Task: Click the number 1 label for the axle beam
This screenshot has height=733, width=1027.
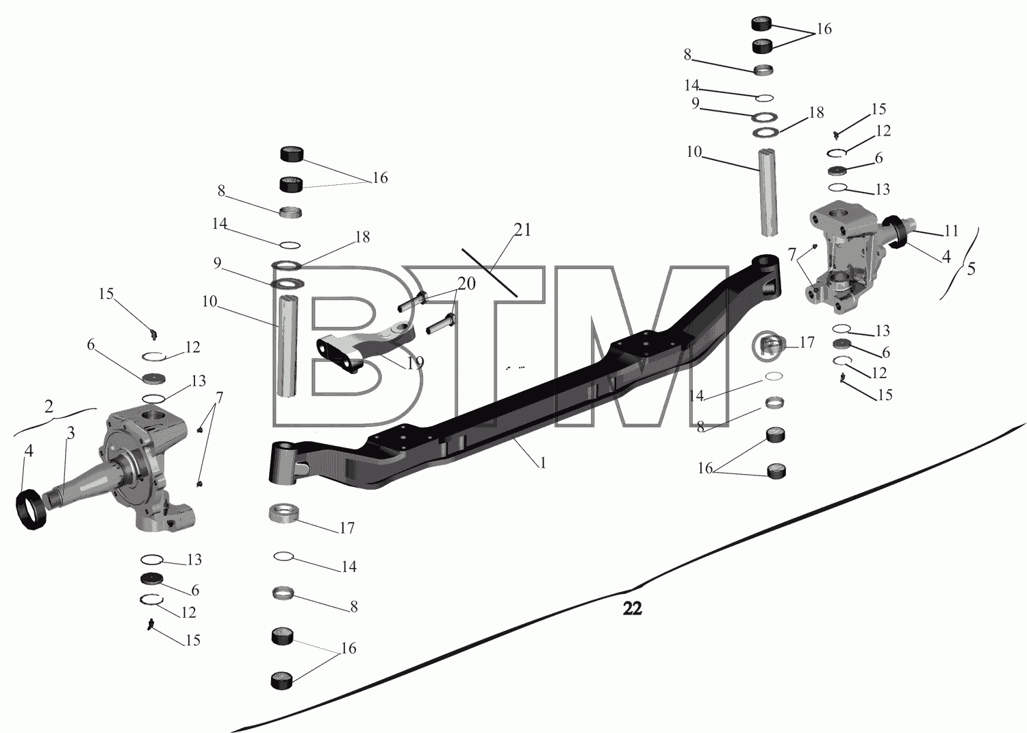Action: (543, 463)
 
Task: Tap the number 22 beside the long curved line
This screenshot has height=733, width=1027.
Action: (632, 609)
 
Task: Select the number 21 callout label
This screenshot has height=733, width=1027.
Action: (522, 229)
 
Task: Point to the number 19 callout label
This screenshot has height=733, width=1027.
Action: (416, 362)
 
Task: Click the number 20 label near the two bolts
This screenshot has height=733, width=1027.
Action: (467, 284)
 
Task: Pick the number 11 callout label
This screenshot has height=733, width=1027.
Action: (952, 231)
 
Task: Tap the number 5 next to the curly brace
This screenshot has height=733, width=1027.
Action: (971, 269)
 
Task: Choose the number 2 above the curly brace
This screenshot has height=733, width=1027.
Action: (49, 406)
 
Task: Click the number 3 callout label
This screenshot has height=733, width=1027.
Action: (71, 432)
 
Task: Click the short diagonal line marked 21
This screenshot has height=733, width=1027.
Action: (490, 273)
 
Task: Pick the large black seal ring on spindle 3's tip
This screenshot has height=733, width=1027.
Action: (32, 510)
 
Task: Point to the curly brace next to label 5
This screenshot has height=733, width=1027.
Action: (959, 265)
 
